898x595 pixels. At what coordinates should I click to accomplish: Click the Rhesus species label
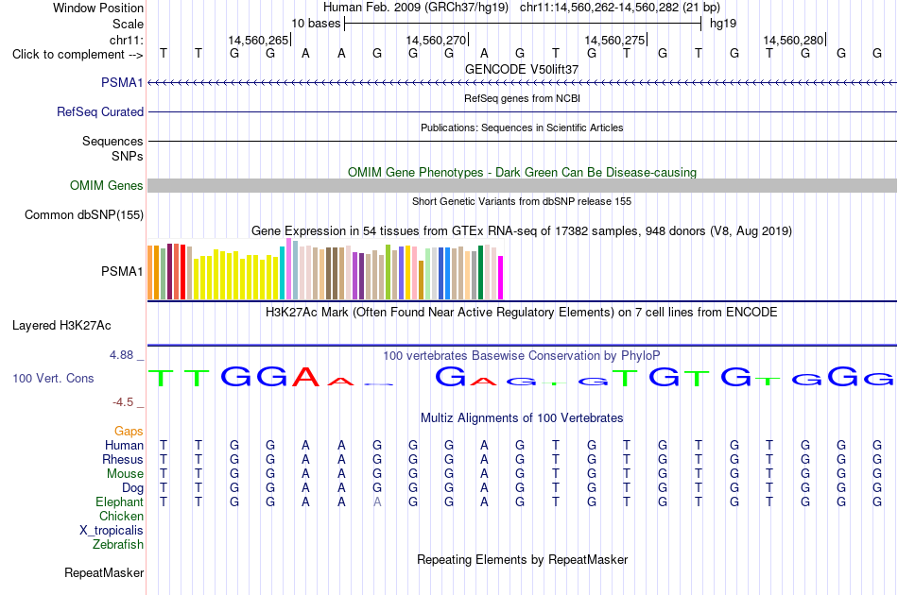[123, 459]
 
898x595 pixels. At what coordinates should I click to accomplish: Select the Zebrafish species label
[118, 545]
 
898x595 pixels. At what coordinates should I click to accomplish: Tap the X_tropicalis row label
[112, 531]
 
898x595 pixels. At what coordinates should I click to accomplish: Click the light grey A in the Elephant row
[377, 501]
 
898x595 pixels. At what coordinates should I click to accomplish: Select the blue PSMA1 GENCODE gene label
[122, 83]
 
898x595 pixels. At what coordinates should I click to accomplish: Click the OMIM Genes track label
[107, 185]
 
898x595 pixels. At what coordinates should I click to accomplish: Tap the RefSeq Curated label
[100, 112]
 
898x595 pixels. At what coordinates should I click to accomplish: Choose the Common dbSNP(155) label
[84, 215]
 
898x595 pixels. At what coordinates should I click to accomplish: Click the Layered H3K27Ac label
[61, 326]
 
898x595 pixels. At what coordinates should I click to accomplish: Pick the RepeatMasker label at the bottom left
[104, 572]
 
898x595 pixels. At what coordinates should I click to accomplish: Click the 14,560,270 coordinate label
[436, 40]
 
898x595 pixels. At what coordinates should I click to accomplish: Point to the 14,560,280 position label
[793, 40]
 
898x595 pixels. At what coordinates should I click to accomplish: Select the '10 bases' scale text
[316, 24]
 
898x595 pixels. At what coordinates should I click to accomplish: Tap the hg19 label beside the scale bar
[723, 24]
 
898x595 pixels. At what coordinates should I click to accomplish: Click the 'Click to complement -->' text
[78, 55]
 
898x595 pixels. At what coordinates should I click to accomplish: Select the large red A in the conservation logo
[306, 377]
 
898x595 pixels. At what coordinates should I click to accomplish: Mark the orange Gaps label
[129, 432]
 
